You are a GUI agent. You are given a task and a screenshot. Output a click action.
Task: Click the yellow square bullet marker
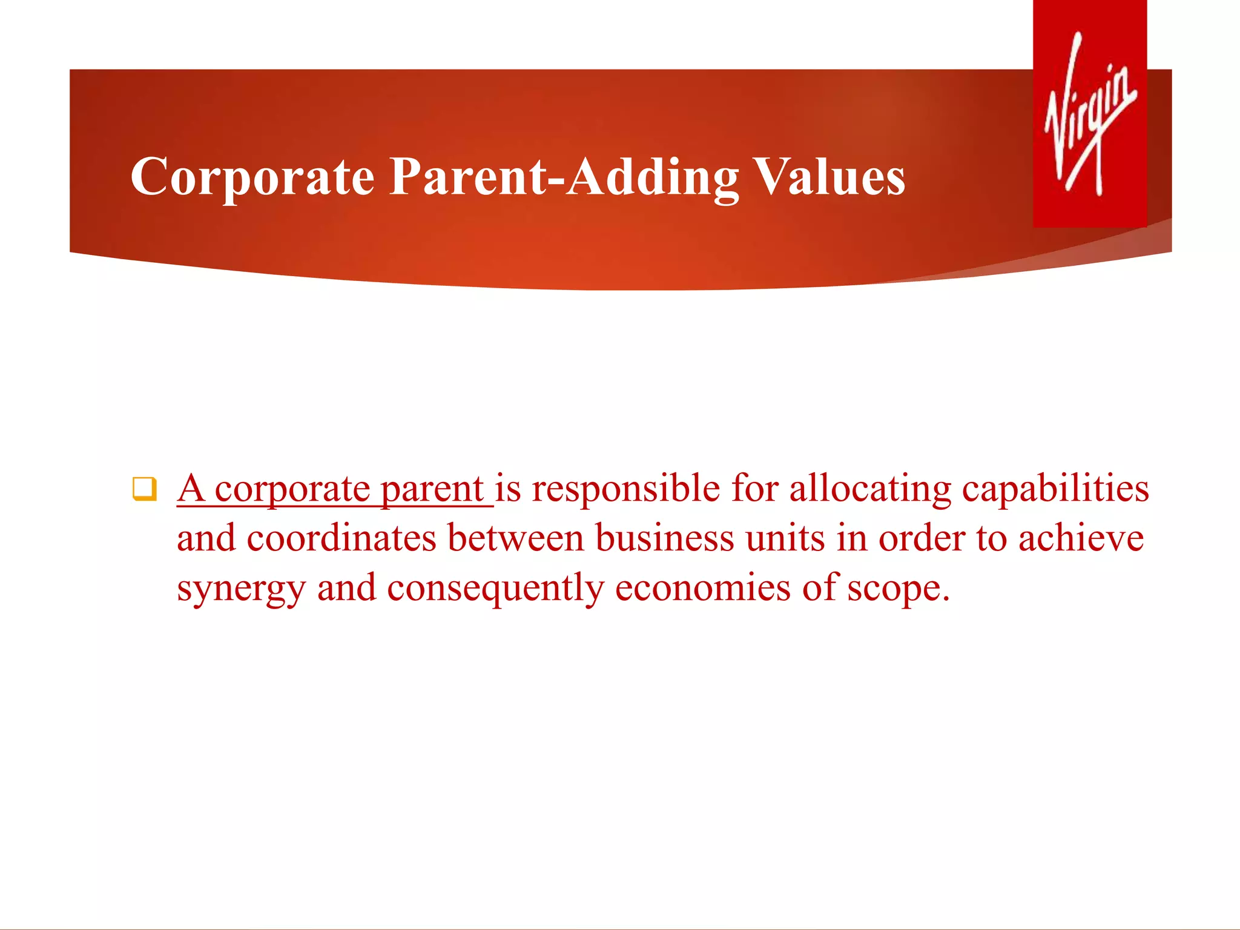[144, 489]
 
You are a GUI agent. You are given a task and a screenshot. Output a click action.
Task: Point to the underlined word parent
[432, 489]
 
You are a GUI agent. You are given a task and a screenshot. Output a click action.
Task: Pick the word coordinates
[341, 538]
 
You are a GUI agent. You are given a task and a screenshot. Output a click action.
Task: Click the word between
[515, 538]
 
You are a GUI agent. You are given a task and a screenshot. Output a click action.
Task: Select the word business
[664, 538]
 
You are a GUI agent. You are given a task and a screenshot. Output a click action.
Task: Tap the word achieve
[1081, 538]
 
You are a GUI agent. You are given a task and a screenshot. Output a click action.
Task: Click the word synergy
[241, 589]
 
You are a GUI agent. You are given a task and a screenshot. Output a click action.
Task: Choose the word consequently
[495, 589]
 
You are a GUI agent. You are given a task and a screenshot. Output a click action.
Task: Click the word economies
[702, 589]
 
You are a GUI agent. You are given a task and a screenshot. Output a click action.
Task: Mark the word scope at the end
[897, 589]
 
